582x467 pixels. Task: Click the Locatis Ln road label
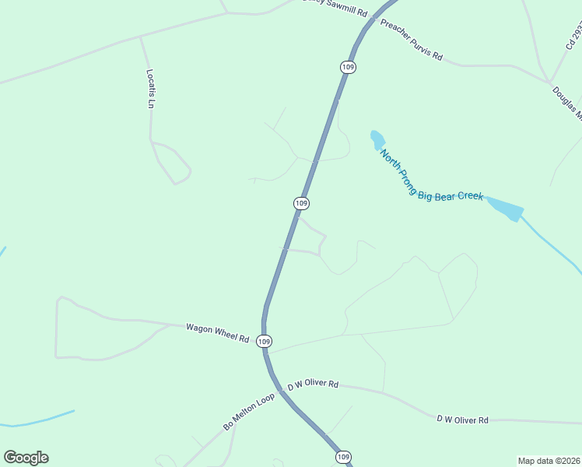coord(152,89)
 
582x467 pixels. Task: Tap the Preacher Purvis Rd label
coord(411,40)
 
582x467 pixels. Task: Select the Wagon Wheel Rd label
coord(217,333)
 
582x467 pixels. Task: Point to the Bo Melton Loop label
coord(249,411)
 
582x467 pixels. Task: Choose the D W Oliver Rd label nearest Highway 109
coord(314,384)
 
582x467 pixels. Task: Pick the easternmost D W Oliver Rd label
coord(462,420)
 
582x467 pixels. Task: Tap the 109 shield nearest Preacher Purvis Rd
coord(348,68)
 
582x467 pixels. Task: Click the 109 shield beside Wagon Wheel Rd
coord(265,341)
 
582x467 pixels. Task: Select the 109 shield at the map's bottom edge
coord(343,456)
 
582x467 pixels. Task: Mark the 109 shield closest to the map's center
coord(302,203)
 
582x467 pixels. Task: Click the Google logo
coord(26,458)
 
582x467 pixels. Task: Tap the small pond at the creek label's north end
coord(377,139)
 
